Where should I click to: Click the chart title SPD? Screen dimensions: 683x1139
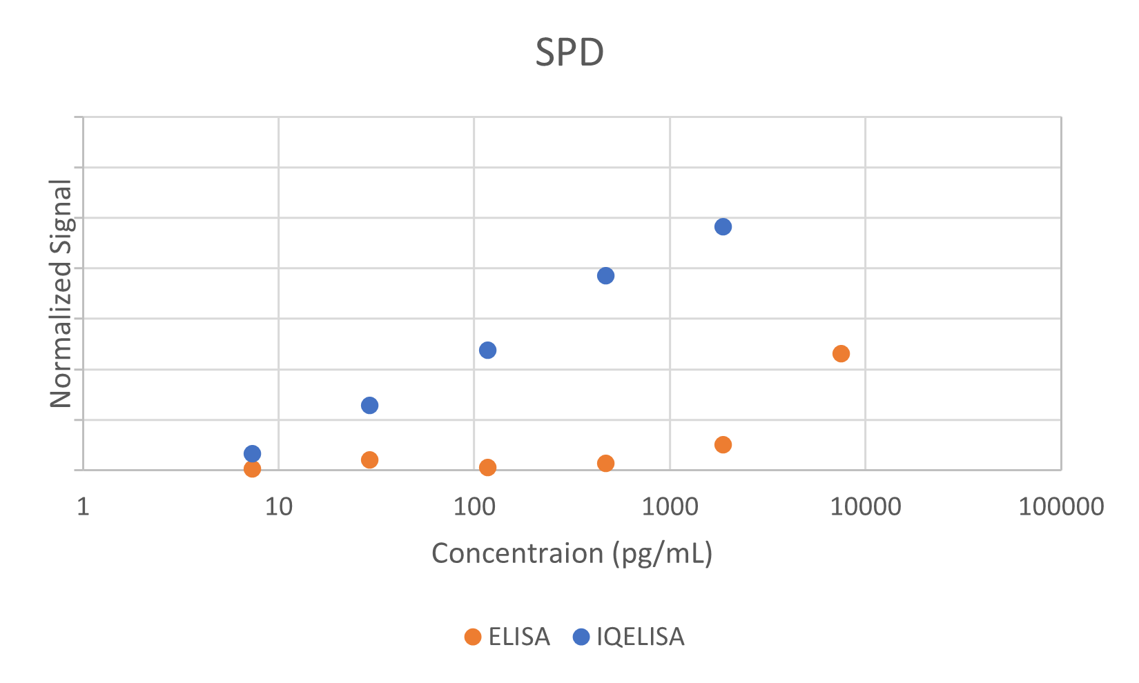pos(569,52)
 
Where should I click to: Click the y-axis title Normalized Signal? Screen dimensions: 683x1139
pos(61,293)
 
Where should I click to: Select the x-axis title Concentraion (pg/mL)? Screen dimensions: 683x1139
pos(572,553)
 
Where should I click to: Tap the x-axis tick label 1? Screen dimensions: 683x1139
pos(83,507)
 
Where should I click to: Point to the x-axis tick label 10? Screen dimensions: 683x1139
pos(278,507)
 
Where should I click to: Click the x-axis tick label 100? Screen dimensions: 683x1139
pos(474,507)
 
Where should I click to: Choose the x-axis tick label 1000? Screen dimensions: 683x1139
pos(670,507)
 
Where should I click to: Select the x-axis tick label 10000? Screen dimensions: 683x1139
pos(865,507)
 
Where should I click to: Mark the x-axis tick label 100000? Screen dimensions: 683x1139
pos(1061,507)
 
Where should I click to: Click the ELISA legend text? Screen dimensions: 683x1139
pos(519,637)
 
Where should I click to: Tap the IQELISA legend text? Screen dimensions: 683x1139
pos(641,637)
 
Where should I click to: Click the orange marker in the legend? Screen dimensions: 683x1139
pos(473,637)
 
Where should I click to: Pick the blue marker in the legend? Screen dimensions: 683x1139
pos(582,637)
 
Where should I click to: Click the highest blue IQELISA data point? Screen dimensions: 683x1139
pos(723,227)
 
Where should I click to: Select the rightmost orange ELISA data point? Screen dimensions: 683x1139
pos(841,354)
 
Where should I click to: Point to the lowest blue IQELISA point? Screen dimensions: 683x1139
pos(253,454)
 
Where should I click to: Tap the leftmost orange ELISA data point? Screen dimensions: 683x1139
pos(253,469)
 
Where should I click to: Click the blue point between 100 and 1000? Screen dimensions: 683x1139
pos(605,276)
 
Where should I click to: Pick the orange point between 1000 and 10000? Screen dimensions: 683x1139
pos(723,445)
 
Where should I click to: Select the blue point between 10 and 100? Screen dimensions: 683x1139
pos(370,406)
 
